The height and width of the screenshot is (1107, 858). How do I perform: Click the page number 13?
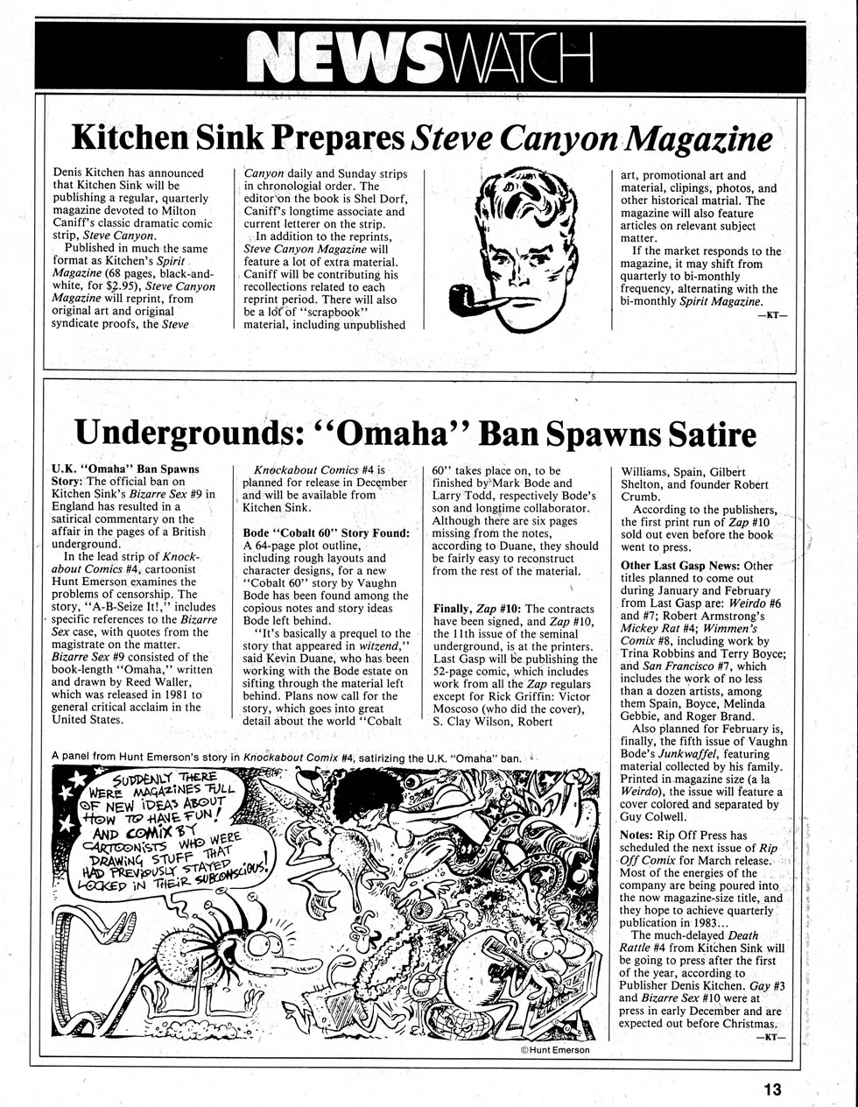coord(770,1089)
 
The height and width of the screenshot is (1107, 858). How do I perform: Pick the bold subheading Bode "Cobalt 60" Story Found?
coord(326,532)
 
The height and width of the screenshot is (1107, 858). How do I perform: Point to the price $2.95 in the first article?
coord(123,286)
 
